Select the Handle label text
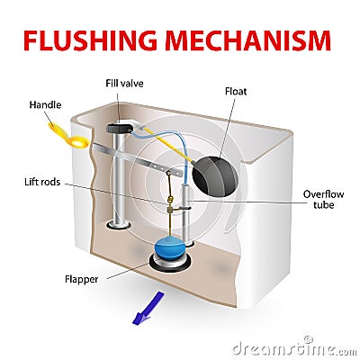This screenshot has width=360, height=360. tap(44, 104)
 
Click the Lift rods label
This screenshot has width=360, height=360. tap(46, 182)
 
